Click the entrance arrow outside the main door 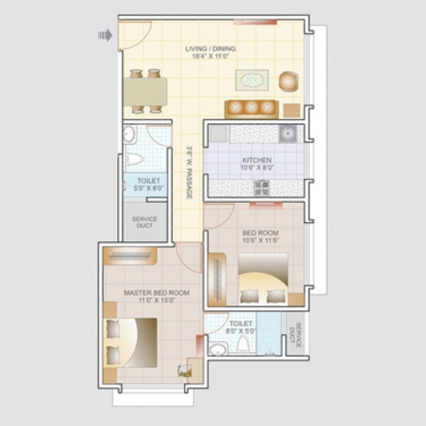[105, 35]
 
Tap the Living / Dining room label [210, 49]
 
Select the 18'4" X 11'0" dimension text [211, 57]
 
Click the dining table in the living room [146, 92]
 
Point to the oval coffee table [252, 80]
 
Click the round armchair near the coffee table [289, 82]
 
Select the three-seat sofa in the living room [251, 109]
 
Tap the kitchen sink [288, 133]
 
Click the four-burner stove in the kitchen [261, 188]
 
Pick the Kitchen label [257, 160]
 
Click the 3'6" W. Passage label [190, 173]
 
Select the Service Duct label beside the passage [145, 222]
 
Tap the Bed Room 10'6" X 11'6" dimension [261, 241]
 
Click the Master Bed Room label [157, 293]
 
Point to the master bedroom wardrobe [130, 256]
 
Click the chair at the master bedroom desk [183, 371]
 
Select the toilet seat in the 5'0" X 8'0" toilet [134, 159]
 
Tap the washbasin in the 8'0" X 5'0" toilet [219, 349]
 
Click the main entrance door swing [134, 35]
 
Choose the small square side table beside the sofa [292, 110]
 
